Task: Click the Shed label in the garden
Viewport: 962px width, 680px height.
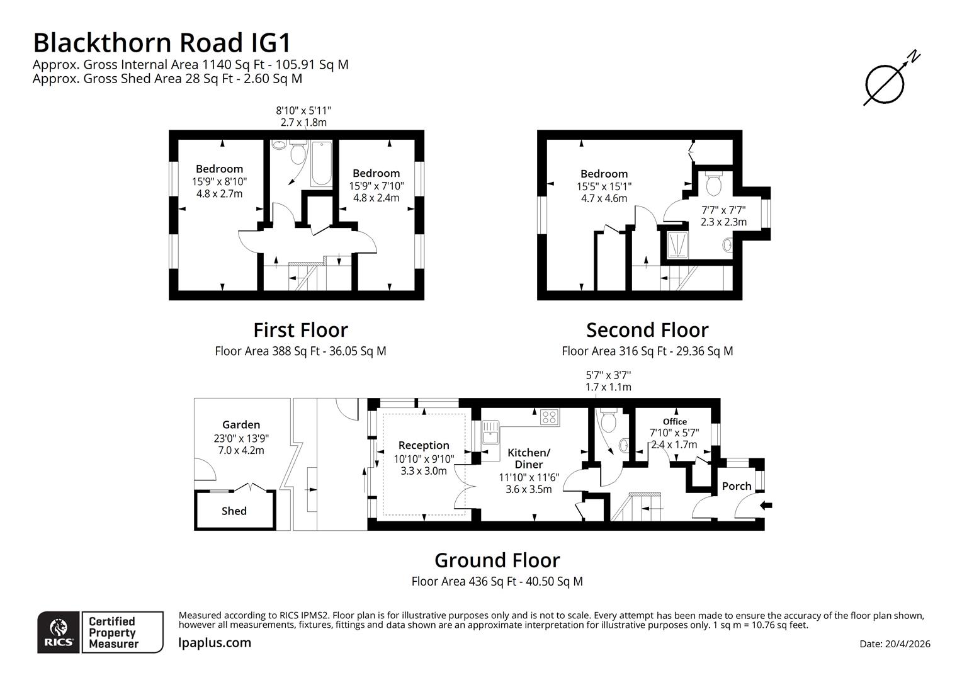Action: [234, 511]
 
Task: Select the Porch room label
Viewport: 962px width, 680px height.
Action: [737, 486]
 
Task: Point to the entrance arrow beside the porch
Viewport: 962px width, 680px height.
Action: [766, 505]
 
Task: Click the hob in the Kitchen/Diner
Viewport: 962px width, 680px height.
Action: [549, 417]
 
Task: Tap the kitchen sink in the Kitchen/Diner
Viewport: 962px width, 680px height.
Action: [490, 433]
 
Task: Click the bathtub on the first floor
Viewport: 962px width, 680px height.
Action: [321, 164]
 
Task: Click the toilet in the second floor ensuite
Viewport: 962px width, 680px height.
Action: [714, 184]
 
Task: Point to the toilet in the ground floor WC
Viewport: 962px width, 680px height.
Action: [609, 421]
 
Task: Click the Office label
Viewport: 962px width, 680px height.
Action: [674, 422]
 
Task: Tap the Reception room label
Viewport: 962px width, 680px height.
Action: [424, 445]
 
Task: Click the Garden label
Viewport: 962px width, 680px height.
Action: [241, 425]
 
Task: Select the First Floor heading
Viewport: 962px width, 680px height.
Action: [300, 330]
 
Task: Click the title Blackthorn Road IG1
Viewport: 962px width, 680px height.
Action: [162, 43]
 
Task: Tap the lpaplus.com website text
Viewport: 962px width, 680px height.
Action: [215, 643]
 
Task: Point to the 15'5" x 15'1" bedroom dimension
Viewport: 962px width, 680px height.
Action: [604, 186]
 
